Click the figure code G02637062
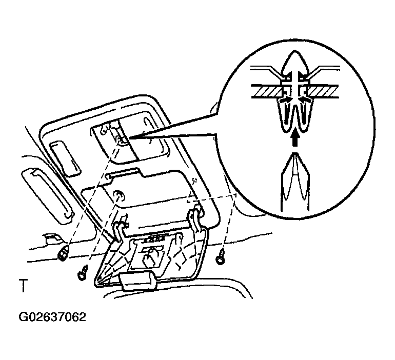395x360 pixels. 52,317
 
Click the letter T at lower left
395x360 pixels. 23,285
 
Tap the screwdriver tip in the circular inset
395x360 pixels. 295,154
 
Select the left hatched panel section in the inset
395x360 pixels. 267,91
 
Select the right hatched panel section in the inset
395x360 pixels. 323,91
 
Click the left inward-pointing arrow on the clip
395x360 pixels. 286,99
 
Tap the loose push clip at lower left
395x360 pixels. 63,253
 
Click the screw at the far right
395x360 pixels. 221,257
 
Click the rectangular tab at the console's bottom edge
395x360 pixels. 138,281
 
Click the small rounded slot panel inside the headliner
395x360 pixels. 66,158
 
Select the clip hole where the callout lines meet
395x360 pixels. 122,141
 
